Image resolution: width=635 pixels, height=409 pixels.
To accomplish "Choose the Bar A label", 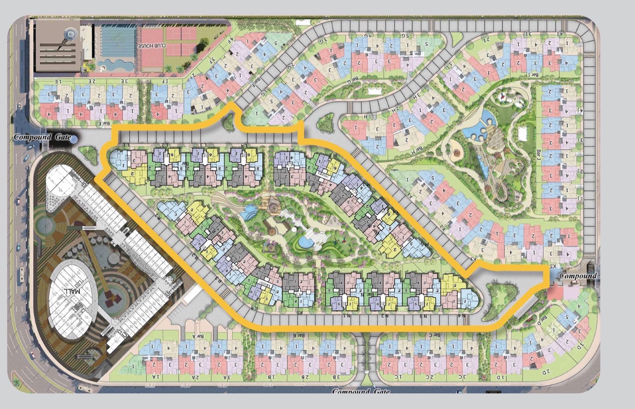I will pos(199,337).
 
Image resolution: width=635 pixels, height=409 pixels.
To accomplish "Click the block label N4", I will pos(463,315).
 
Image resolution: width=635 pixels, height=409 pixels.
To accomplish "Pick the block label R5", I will pos(299,312).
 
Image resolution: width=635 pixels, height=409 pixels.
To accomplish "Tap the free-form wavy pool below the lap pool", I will pos(115,65).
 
